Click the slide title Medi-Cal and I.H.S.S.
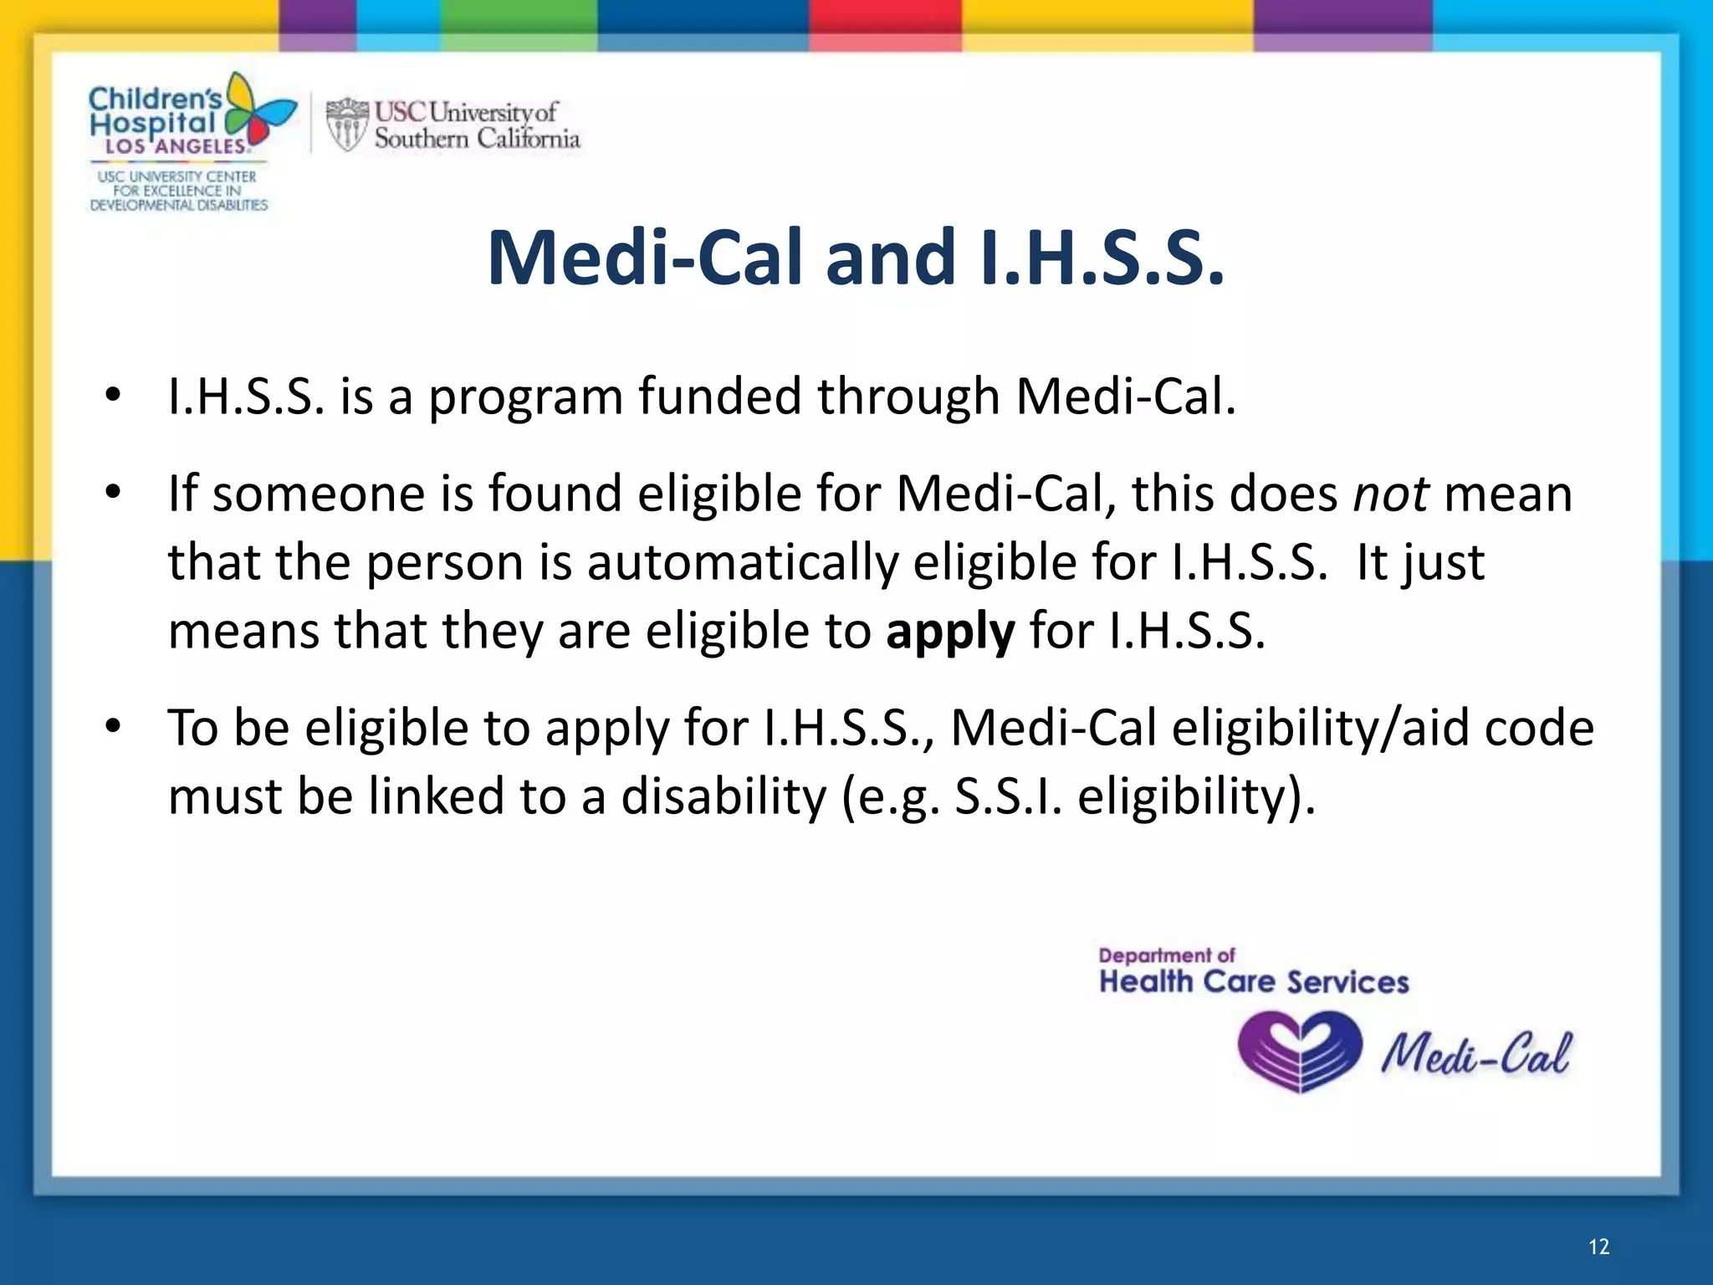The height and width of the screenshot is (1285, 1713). click(856, 258)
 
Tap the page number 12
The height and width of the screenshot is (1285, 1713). click(1598, 1247)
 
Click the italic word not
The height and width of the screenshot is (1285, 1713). click(1391, 494)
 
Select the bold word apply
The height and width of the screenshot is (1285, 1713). click(950, 631)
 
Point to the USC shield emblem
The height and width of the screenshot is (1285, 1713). click(346, 125)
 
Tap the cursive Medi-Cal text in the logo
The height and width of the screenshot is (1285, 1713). click(1476, 1052)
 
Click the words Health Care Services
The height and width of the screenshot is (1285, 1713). click(1253, 982)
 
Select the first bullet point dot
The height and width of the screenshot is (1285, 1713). click(113, 395)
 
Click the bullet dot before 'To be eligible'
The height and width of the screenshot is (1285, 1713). click(113, 726)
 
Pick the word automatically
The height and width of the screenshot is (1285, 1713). click(741, 562)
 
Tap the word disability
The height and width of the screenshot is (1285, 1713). click(723, 796)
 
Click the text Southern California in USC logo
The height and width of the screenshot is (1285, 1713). click(477, 138)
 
